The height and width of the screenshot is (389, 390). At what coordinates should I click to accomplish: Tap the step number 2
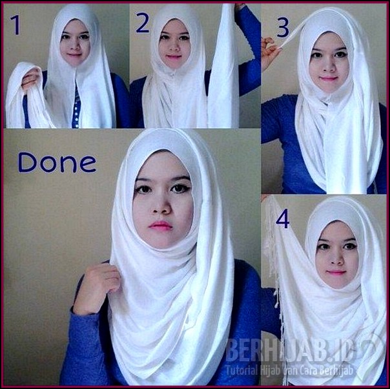[143, 23]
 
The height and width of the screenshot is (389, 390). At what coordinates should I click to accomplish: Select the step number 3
[282, 27]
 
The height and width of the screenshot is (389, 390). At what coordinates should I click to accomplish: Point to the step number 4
[282, 218]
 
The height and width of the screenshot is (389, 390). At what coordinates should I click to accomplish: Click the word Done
[57, 162]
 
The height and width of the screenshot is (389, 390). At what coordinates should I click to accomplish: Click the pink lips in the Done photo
[160, 226]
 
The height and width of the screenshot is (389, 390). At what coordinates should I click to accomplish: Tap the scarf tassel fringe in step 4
[274, 284]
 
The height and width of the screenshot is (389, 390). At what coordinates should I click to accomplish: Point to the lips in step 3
[328, 79]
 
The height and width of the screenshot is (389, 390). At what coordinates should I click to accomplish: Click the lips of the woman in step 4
[336, 272]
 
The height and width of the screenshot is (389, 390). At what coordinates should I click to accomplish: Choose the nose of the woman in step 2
[174, 47]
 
